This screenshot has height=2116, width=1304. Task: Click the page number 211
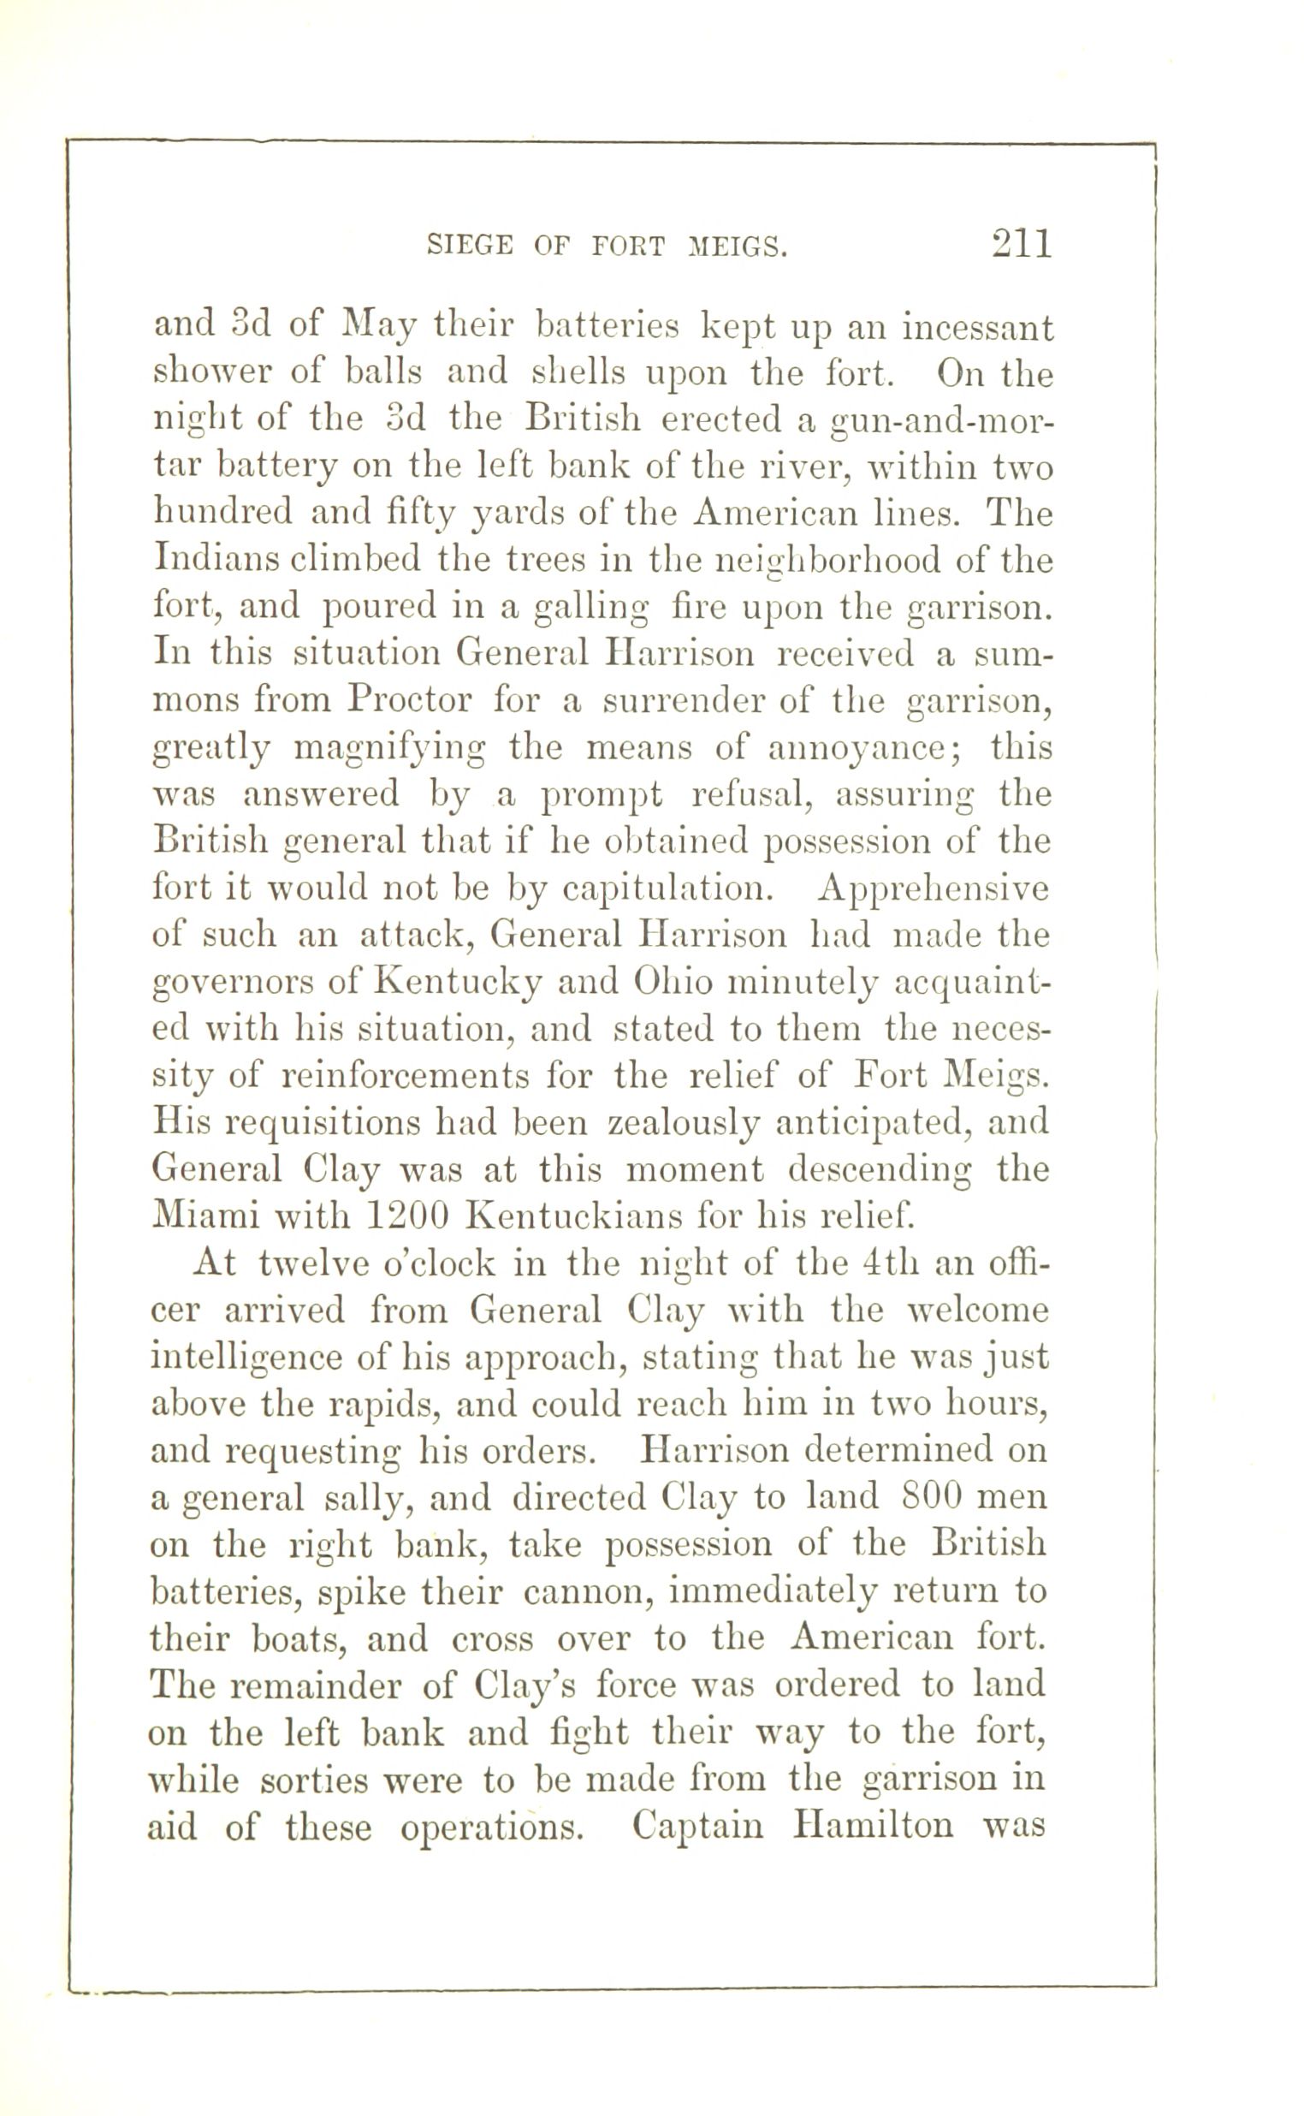tap(1022, 244)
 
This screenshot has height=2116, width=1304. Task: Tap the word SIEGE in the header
tap(469, 247)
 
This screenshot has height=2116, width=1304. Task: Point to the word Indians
tap(206, 562)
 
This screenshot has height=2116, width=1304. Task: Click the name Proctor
tap(410, 700)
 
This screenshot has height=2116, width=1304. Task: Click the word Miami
tap(204, 1216)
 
